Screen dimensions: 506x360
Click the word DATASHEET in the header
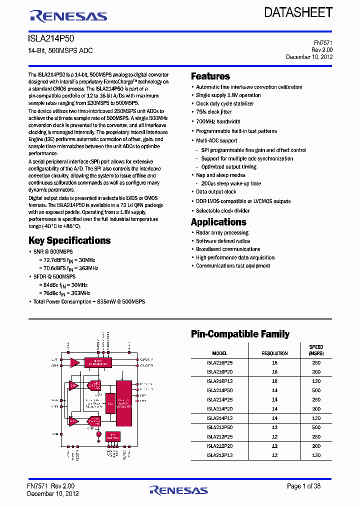[x=298, y=13]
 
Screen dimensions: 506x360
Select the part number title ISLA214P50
[x=51, y=38]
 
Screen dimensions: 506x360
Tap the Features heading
[x=210, y=76]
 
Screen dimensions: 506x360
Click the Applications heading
[x=218, y=222]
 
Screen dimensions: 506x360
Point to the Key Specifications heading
[x=69, y=240]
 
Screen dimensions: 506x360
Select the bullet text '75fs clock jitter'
[x=213, y=112]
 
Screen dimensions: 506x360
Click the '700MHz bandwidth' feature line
[x=218, y=121]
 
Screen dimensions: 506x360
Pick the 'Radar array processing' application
[x=222, y=232]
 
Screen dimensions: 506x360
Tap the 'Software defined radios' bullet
[x=223, y=241]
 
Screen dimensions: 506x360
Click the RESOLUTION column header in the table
[x=274, y=353]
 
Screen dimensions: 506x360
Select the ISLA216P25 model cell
[x=219, y=362]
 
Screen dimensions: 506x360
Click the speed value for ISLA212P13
[x=316, y=455]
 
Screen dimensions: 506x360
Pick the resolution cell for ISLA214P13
[x=274, y=418]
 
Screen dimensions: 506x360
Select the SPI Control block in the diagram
[x=112, y=436]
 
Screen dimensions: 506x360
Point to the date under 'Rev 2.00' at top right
[x=309, y=57]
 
